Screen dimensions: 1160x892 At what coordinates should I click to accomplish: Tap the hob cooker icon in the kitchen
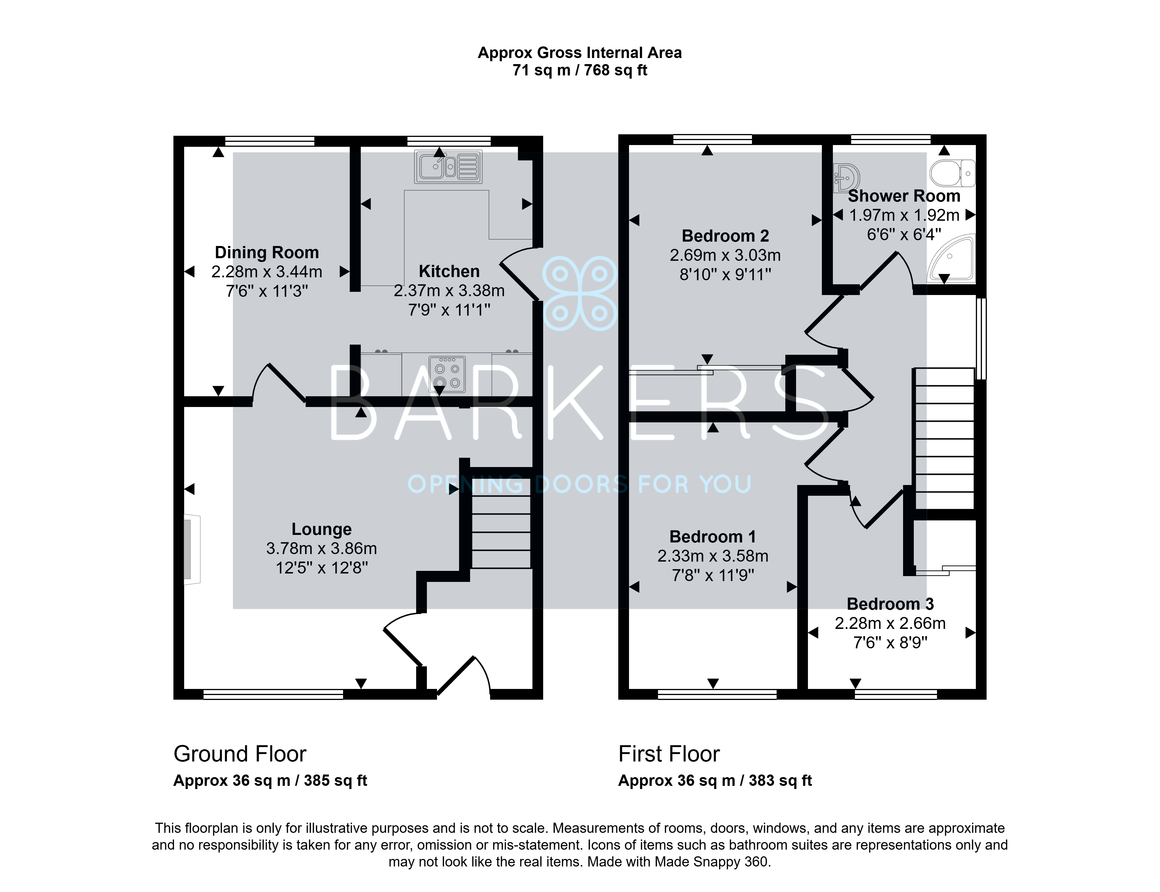coord(447,374)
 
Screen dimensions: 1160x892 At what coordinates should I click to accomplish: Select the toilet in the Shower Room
coord(953,173)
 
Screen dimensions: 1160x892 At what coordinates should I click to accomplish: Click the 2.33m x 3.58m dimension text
coord(713,556)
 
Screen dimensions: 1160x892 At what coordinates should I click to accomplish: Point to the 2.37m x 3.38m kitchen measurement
coord(449,290)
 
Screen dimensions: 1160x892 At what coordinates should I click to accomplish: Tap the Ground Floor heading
coord(240,754)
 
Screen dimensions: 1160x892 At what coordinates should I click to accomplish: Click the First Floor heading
coord(669,754)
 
